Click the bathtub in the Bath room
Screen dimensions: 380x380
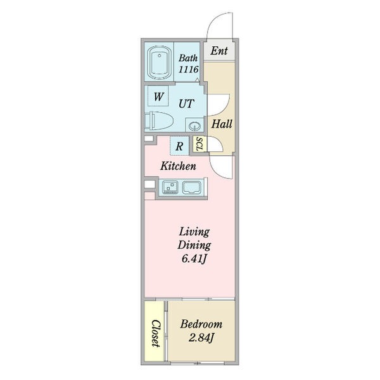click(x=159, y=63)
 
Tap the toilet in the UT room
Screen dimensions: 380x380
click(x=159, y=120)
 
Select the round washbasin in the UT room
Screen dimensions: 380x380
click(x=194, y=125)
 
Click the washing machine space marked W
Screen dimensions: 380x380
click(x=158, y=96)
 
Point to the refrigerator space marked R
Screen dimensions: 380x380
click(x=179, y=146)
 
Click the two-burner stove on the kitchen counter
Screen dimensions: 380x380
click(x=170, y=187)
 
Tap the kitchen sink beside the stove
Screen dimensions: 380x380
click(x=192, y=187)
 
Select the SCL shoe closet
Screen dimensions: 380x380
click(x=199, y=144)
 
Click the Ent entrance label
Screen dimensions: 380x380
click(x=219, y=51)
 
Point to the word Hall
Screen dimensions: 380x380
click(x=222, y=124)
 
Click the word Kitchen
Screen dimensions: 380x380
click(x=178, y=166)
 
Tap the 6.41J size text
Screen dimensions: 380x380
click(x=194, y=259)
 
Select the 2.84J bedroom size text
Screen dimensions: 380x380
click(x=201, y=338)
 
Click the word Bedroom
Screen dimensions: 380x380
click(x=201, y=324)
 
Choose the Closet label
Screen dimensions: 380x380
click(x=156, y=333)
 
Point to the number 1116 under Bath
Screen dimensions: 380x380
click(x=189, y=70)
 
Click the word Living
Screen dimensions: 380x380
click(x=194, y=232)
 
